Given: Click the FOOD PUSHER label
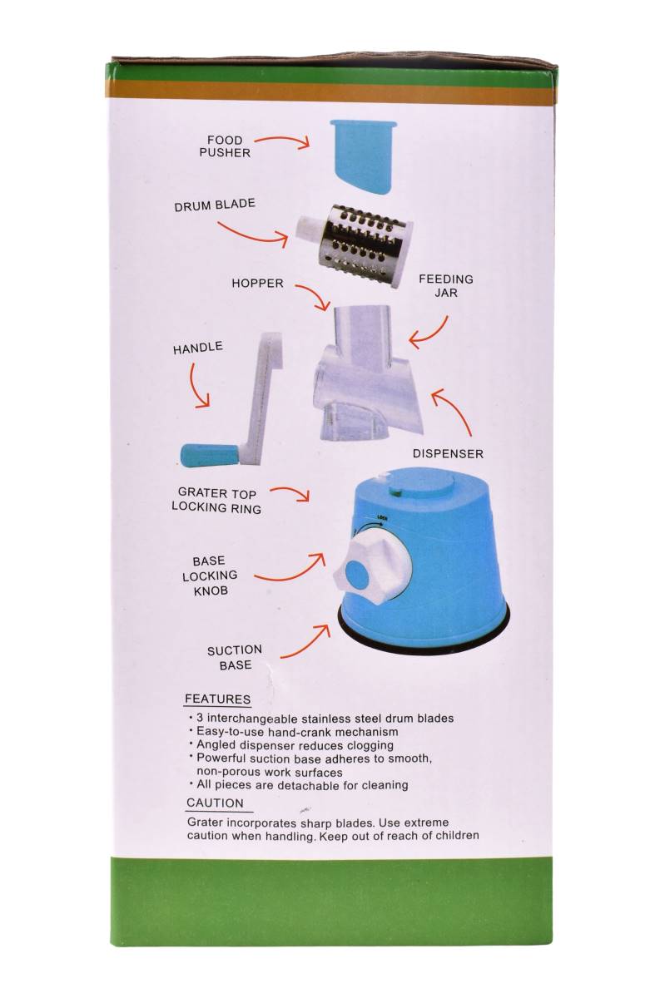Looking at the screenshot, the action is coord(225,146).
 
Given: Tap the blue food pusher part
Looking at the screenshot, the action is coord(363,158).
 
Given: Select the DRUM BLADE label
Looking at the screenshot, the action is coord(215,205).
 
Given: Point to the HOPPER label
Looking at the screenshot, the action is coord(257,284).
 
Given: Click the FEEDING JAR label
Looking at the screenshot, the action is coord(445,286).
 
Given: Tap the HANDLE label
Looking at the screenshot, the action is coord(197,348).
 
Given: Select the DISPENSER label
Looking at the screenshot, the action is coord(448,453).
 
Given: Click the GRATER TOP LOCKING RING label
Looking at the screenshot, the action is coord(216,501).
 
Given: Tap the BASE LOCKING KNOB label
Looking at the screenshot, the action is coord(210,576).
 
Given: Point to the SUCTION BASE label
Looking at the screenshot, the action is coord(235,657).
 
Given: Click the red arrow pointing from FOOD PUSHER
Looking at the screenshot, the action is coord(283,140).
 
